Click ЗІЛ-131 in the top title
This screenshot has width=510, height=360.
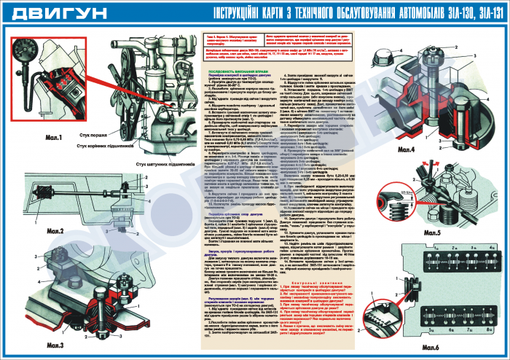click(481, 13)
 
